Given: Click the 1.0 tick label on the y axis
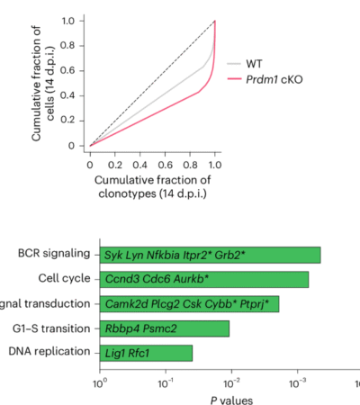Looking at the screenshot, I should [75, 19].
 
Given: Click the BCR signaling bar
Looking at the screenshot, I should [211, 255].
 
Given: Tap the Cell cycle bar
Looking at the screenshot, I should [204, 279].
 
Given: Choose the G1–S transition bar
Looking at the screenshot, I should [165, 328].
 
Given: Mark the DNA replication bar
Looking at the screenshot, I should [147, 352].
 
